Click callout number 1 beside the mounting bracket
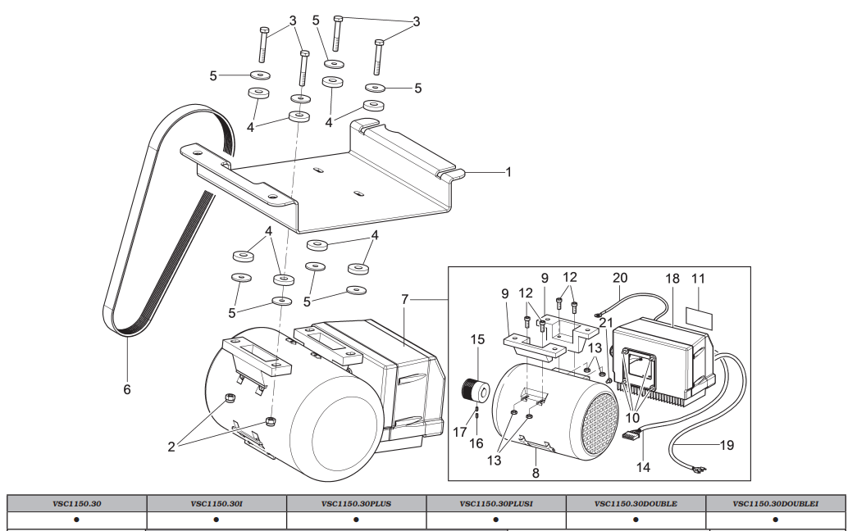coord(508,172)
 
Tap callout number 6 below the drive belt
coord(127,389)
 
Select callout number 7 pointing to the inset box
coord(405,299)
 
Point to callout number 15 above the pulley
coord(477,339)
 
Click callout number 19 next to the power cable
coord(727,445)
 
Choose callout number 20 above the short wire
coord(620,278)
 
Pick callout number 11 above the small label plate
coord(699,279)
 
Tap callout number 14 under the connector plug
coord(643,467)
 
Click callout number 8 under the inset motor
coord(536,473)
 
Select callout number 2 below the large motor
coord(171,447)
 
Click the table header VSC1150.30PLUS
coord(357,504)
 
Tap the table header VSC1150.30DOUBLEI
coord(776,504)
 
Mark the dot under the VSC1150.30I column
coord(217,520)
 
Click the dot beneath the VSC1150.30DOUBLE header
coord(636,520)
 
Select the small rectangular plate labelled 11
coord(700,319)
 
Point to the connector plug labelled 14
coord(633,437)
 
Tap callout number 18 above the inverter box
coord(672,279)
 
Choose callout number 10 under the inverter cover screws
coord(632,419)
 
